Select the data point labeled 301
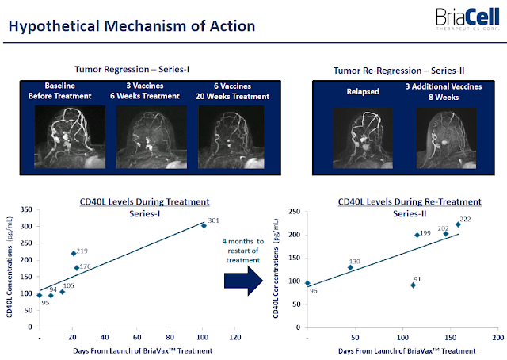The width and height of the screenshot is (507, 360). tap(204, 225)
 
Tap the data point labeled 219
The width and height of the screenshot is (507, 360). tap(74, 254)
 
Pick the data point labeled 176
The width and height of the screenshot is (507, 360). tap(77, 268)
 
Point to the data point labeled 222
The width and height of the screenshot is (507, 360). tap(458, 224)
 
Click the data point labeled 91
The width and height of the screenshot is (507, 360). tap(413, 285)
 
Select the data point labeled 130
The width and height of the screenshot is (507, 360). tap(350, 268)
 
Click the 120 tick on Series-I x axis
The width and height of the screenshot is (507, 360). tap(235, 337)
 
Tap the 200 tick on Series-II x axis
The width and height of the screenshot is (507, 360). tap(497, 337)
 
